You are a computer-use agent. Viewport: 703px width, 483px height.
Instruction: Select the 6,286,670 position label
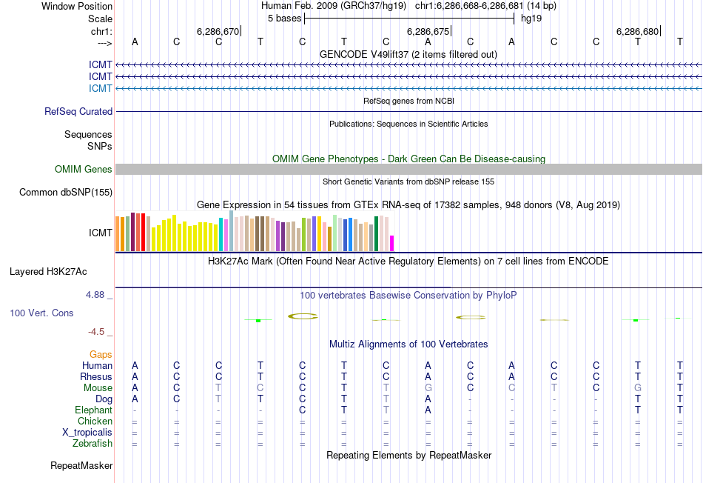pyautogui.click(x=218, y=32)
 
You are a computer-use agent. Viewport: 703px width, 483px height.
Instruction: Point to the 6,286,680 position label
pyautogui.click(x=637, y=32)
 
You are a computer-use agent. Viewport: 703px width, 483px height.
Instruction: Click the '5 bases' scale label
pyautogui.click(x=284, y=18)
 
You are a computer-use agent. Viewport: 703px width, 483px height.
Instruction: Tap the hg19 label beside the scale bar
pyautogui.click(x=531, y=18)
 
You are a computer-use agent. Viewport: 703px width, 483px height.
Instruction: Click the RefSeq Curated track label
pyautogui.click(x=78, y=112)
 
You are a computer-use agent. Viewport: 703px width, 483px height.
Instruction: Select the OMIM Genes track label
pyautogui.click(x=84, y=170)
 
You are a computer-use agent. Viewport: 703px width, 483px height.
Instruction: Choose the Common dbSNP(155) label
pyautogui.click(x=66, y=193)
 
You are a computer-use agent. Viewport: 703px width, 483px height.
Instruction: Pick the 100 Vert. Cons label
pyautogui.click(x=41, y=313)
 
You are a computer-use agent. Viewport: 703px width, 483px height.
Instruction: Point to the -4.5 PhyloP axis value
pyautogui.click(x=100, y=332)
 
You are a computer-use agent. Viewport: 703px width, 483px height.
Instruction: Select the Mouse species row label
pyautogui.click(x=98, y=388)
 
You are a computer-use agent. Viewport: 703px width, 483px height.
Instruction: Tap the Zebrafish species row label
pyautogui.click(x=92, y=444)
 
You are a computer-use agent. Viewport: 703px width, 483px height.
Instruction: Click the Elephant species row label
pyautogui.click(x=93, y=410)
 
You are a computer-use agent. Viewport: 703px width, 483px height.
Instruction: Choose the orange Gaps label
pyautogui.click(x=101, y=355)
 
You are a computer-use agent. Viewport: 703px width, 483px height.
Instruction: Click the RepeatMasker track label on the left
pyautogui.click(x=81, y=466)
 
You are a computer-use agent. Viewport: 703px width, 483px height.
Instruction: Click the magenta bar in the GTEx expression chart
pyautogui.click(x=392, y=244)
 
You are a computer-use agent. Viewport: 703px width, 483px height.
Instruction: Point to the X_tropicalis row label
pyautogui.click(x=87, y=433)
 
